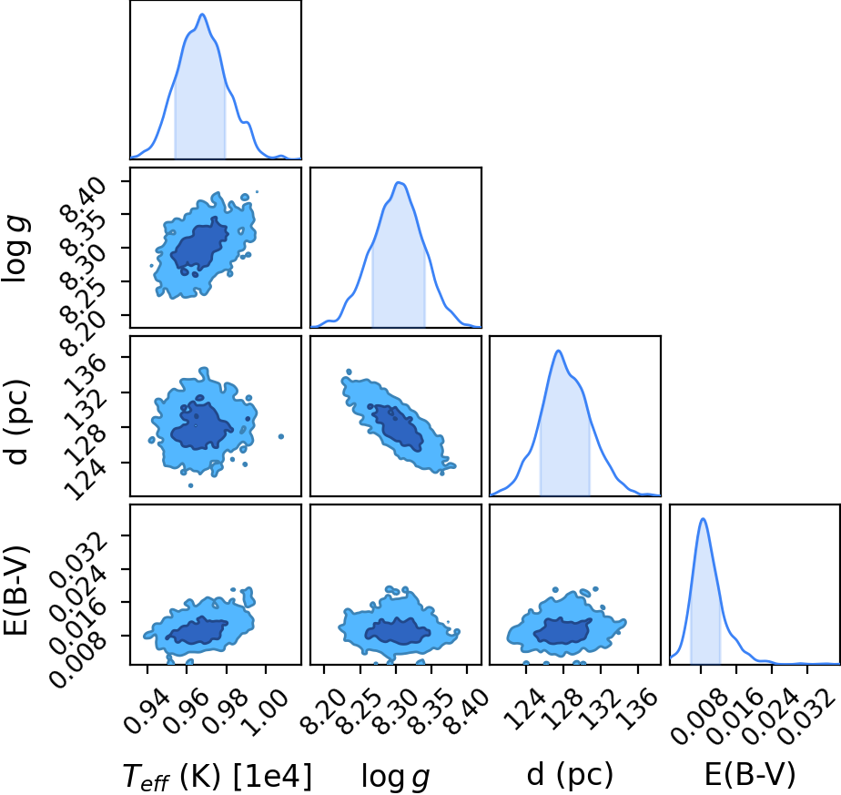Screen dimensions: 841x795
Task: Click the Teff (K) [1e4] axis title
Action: point(216,777)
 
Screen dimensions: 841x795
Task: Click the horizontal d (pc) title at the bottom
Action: point(570,775)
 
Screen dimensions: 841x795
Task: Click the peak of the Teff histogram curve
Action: point(203,15)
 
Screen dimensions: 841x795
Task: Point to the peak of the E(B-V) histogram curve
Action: point(704,518)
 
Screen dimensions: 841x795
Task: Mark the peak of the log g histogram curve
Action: point(399,182)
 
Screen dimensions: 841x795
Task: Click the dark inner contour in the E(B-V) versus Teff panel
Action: point(197,629)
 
